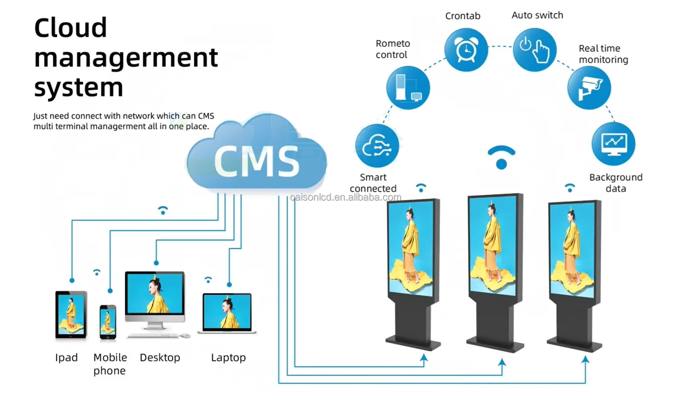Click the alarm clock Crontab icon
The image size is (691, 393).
pyautogui.click(x=466, y=50)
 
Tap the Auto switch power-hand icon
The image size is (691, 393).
pyautogui.click(x=535, y=50)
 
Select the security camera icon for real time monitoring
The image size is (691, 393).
pyautogui.click(x=589, y=88)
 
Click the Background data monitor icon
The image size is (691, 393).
pyautogui.click(x=613, y=144)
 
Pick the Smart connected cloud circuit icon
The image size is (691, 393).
pyautogui.click(x=377, y=145)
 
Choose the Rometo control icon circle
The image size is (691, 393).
pyautogui.click(x=408, y=88)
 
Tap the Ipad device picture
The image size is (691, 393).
pyautogui.click(x=71, y=315)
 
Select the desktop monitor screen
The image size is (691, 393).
pyautogui.click(x=155, y=293)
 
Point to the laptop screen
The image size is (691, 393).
pyautogui.click(x=227, y=312)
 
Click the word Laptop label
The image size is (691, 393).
pyautogui.click(x=228, y=358)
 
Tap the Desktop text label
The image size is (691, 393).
pyautogui.click(x=160, y=358)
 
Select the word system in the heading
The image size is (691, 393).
pyautogui.click(x=78, y=87)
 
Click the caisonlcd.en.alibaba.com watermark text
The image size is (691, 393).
pyautogui.click(x=345, y=197)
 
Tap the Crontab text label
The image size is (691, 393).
pyautogui.click(x=463, y=16)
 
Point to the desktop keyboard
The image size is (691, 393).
pyautogui.click(x=154, y=336)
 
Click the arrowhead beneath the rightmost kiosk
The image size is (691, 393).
pyautogui.click(x=585, y=359)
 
